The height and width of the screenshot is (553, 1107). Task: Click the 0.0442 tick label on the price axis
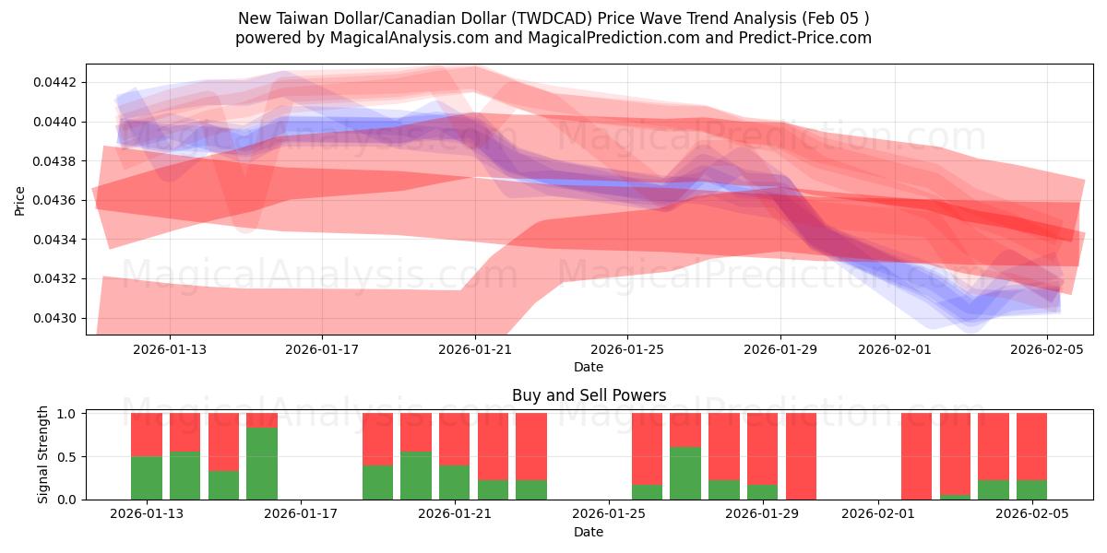coord(57,82)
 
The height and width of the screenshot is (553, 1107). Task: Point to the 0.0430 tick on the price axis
coord(57,318)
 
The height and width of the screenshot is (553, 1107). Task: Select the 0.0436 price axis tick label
coord(57,200)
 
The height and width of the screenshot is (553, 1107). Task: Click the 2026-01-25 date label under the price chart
coord(627,349)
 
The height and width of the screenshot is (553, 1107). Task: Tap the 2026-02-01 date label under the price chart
coord(895,349)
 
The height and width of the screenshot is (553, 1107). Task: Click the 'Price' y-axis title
coord(20,200)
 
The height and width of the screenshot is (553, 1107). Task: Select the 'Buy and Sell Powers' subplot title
coord(589,395)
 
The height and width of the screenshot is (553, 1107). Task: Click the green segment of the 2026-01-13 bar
coord(147,477)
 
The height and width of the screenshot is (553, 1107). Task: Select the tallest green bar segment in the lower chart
coord(262,463)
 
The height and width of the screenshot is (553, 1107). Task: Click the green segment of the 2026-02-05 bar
coord(1031,489)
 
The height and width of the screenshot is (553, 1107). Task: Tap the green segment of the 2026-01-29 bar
coord(762,491)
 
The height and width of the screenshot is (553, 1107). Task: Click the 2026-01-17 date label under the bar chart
coord(302,514)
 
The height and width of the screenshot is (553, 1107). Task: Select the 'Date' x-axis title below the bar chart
coord(589,532)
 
